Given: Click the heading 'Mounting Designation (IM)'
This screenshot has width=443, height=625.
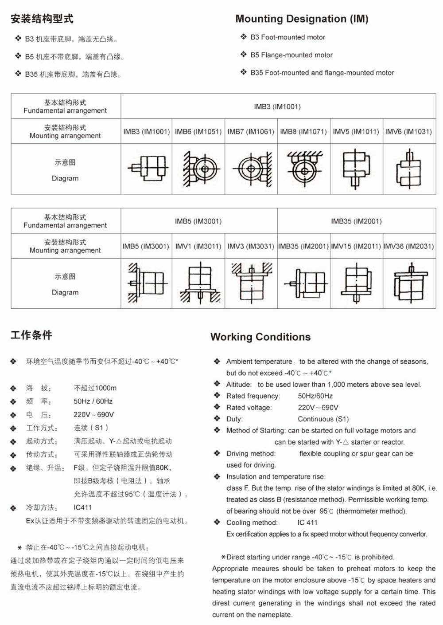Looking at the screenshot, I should tap(302, 19).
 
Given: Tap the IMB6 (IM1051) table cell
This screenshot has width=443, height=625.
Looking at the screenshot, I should tap(198, 131).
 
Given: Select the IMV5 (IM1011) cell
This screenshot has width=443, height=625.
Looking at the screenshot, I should tap(356, 131).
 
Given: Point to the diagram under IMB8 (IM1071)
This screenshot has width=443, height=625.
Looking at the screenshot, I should tap(304, 169).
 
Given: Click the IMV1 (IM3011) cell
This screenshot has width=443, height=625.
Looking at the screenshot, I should tap(198, 246).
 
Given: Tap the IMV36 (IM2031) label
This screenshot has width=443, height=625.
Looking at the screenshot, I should tap(408, 246).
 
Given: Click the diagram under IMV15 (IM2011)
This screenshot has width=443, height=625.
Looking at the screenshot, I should tap(356, 283).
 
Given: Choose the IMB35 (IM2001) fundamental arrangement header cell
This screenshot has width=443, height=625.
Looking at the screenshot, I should tap(356, 221).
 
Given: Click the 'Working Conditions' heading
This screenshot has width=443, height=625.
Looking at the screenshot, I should tap(260, 337).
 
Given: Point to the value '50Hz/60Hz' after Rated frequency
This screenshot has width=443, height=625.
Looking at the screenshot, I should tap(315, 396).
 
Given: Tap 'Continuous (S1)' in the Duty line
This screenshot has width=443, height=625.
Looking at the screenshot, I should tap(323, 419).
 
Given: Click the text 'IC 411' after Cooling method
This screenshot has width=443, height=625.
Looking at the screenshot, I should tap(307, 523).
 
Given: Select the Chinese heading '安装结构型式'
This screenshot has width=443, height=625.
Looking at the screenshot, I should tap(42, 19).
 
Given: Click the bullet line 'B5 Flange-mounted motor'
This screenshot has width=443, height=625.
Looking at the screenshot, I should tap(291, 55).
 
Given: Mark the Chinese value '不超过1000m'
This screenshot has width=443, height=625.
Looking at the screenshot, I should tap(95, 388).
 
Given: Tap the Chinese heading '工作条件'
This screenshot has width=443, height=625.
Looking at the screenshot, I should tap(31, 335).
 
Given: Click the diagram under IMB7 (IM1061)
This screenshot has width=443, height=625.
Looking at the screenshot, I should tap(251, 169).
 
